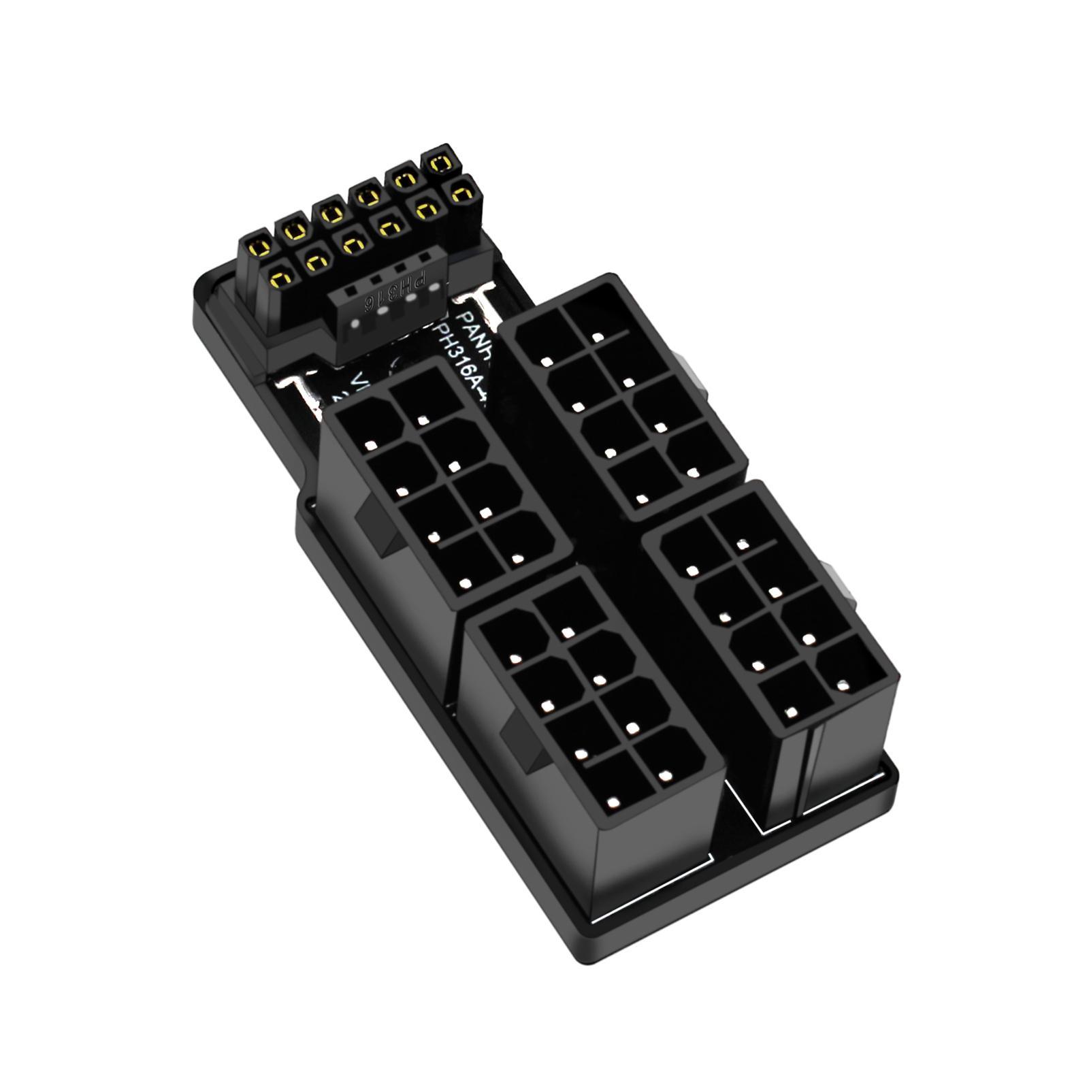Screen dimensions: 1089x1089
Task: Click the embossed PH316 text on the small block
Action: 395,291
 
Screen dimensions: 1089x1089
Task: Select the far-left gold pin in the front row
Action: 279,276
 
